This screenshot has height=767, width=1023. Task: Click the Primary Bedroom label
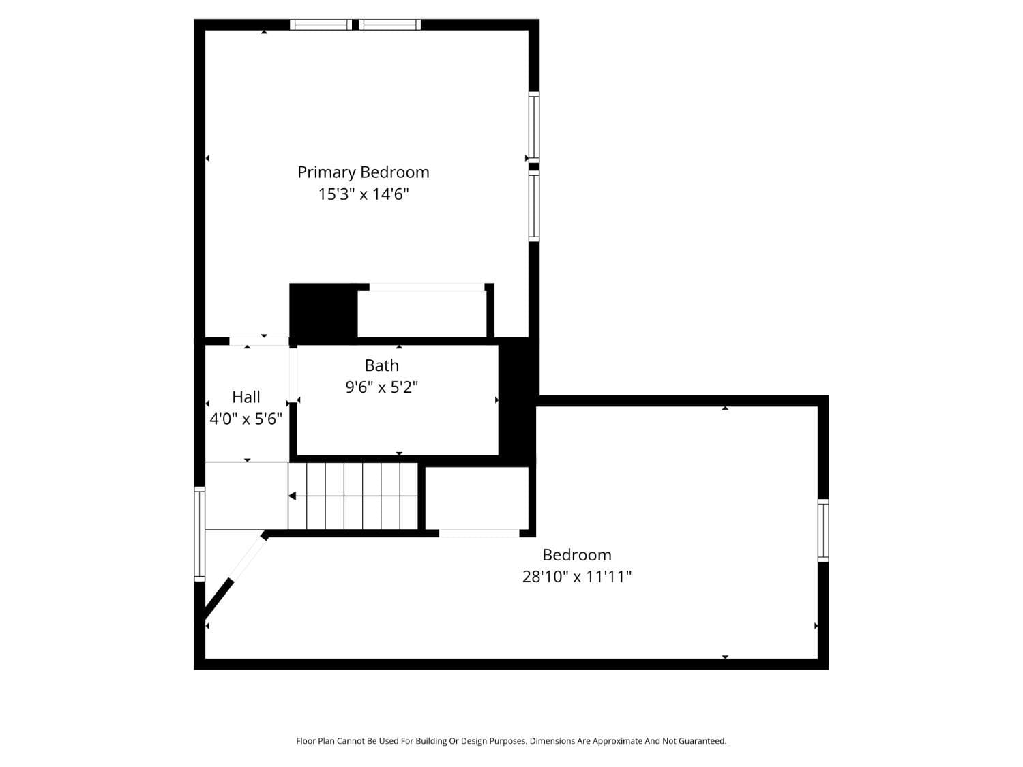[x=363, y=172]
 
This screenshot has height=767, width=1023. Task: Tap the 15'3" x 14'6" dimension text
[x=363, y=194]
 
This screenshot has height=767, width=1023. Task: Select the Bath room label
[x=381, y=365]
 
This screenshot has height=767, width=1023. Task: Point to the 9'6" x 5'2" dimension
[x=381, y=387]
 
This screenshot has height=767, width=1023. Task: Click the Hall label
[x=246, y=397]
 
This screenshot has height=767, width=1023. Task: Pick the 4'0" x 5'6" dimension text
[x=246, y=419]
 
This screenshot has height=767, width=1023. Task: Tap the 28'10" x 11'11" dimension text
[x=576, y=577]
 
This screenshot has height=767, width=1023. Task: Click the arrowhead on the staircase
[x=292, y=496]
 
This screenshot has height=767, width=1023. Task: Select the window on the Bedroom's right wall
[x=823, y=530]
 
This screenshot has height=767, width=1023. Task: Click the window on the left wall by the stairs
[x=199, y=534]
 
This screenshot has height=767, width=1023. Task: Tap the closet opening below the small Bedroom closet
[x=479, y=533]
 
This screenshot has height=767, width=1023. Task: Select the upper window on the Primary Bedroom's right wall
[x=534, y=127]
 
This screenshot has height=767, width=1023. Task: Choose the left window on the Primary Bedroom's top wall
[x=321, y=25]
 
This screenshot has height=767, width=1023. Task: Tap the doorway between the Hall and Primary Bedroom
[x=259, y=341]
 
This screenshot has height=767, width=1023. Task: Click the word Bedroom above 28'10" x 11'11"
[x=576, y=555]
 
